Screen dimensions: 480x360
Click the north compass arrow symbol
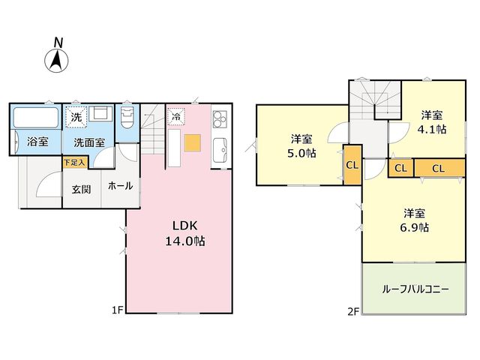point(57,61)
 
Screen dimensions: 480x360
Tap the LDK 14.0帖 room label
point(185,233)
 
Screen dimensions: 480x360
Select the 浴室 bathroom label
point(37,142)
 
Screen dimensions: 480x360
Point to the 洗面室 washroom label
point(89,142)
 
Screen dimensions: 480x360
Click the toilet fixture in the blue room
point(127,117)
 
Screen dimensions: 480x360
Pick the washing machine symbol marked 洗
point(76,117)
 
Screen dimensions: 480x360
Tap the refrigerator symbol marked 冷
point(176,116)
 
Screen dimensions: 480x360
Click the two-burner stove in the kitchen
point(220,119)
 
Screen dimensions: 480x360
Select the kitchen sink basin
point(220,150)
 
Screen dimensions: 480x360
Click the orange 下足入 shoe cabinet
point(75,163)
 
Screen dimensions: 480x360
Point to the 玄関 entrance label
point(81,190)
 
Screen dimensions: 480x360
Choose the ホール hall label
point(120,186)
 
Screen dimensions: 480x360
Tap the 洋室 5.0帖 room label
point(301,146)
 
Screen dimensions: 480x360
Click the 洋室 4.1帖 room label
point(432,122)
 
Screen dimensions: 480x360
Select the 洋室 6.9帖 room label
point(414,220)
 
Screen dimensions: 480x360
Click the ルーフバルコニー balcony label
point(415,289)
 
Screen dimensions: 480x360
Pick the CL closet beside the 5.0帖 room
point(352,165)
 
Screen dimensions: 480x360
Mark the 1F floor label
point(117,310)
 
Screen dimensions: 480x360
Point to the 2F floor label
point(353,311)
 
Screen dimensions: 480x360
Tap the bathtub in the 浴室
point(36,118)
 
